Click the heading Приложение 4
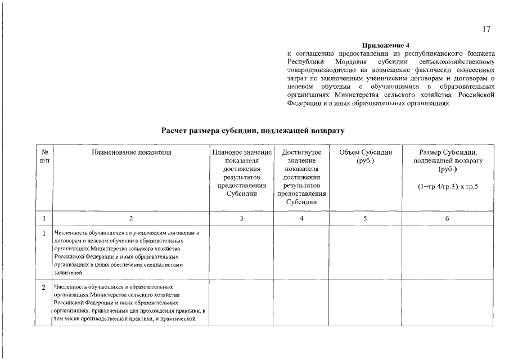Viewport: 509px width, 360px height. click(386, 45)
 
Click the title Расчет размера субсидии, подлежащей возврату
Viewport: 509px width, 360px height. click(253, 130)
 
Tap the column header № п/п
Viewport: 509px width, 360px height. click(45, 156)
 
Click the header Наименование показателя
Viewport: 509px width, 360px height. click(131, 152)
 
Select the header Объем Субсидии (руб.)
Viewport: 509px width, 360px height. click(366, 156)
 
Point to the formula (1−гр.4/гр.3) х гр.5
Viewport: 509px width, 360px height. click(448, 186)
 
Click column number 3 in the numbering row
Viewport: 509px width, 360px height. click(241, 218)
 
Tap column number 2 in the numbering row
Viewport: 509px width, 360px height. click(131, 218)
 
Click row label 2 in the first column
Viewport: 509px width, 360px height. click(44, 287)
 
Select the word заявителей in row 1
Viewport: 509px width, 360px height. click(68, 272)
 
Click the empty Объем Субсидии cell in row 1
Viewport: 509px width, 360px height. click(366, 252)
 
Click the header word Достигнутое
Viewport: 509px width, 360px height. click(302, 152)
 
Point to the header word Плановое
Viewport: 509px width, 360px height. click(227, 152)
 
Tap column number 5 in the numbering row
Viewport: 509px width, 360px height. click(366, 218)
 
